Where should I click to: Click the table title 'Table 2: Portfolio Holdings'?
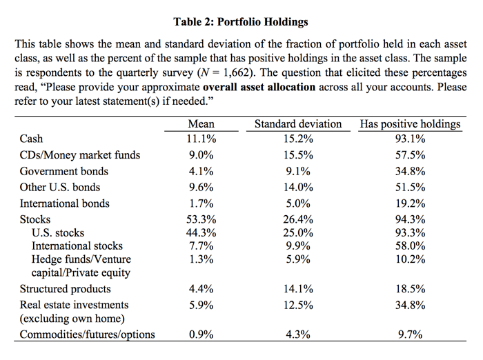[241, 22]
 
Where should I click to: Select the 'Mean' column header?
[201, 124]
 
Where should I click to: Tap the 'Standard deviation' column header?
[298, 124]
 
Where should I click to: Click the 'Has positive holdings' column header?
[411, 124]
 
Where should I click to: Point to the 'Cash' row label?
[31, 139]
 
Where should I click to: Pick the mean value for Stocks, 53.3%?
[201, 219]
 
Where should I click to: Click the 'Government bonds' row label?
[64, 171]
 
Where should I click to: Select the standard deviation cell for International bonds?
[298, 203]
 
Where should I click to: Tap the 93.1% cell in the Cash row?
[411, 139]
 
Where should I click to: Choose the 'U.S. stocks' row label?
[58, 233]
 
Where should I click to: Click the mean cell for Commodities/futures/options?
[201, 334]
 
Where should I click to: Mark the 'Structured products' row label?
[66, 289]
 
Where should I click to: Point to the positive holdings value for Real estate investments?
[411, 306]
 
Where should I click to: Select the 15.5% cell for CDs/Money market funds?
[298, 155]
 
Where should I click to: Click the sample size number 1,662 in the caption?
[236, 72]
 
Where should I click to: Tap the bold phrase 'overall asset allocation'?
[259, 87]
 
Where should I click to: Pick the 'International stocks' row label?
[77, 246]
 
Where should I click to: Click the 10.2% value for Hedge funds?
[411, 259]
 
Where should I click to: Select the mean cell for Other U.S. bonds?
[201, 187]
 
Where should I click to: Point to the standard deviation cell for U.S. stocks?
[298, 233]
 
